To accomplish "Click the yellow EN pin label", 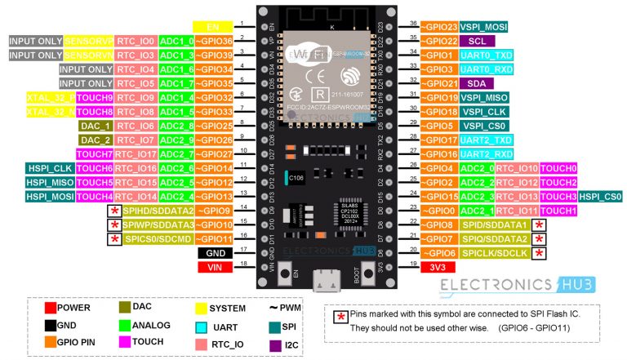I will click(x=213, y=26).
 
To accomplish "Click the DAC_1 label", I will click(x=94, y=126).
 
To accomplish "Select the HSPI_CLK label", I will click(x=51, y=168).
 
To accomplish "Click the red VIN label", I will click(x=213, y=267).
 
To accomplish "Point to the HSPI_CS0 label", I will click(x=601, y=197).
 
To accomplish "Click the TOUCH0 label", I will click(x=558, y=168).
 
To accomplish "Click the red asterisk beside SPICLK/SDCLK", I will click(x=538, y=253).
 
